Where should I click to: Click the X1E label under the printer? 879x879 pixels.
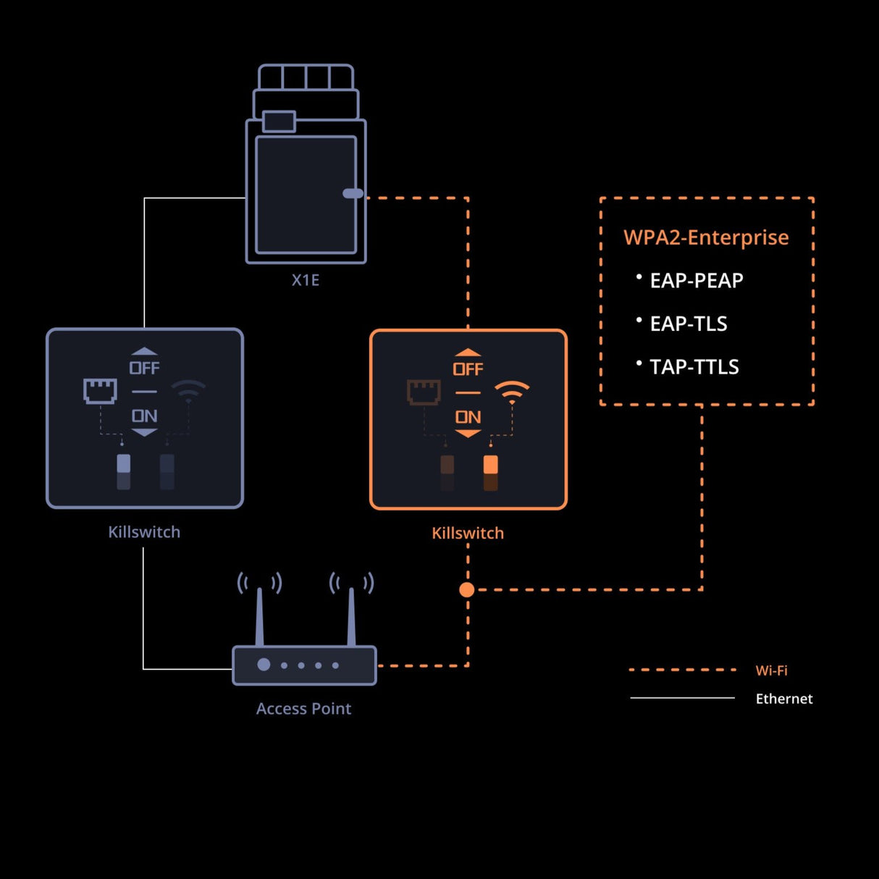306,280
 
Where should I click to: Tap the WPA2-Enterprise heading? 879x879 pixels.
706,237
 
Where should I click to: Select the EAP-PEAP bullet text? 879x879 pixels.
696,281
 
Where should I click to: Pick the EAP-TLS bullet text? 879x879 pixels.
688,324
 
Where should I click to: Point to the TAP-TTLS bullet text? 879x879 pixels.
694,367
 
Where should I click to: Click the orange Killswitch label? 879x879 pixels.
468,534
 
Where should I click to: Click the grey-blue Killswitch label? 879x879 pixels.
144,532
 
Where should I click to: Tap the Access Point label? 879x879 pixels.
303,709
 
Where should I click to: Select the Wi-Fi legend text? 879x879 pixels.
771,670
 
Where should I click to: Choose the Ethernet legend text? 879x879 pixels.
783,699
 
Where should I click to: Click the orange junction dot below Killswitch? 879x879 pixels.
467,589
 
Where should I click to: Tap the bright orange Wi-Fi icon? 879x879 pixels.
512,392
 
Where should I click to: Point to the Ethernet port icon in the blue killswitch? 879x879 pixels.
100,391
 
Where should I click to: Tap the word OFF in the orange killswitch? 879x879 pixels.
468,369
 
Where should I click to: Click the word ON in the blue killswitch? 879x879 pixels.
144,416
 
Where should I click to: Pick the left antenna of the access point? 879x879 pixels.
259,615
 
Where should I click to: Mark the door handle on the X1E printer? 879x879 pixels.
353,193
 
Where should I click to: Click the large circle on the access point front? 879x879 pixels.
264,665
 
